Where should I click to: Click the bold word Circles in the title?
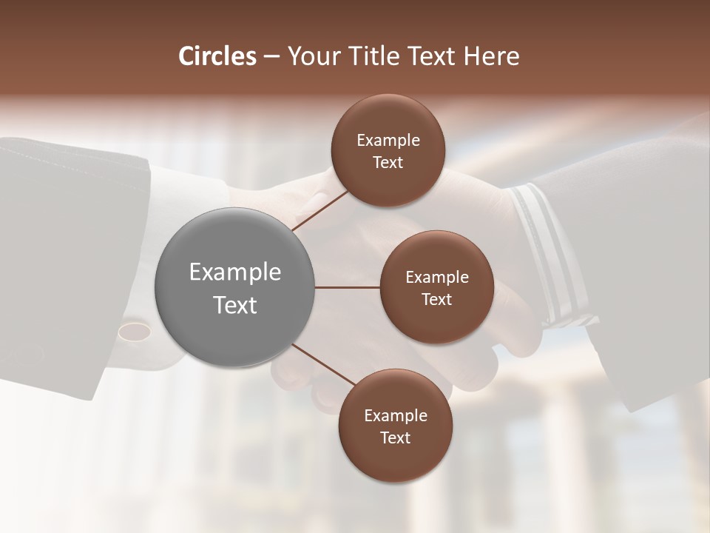click(217, 56)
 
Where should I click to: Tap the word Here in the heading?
click(491, 56)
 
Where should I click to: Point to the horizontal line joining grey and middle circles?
click(348, 287)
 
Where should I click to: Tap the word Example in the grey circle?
click(235, 272)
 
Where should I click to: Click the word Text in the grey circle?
click(235, 305)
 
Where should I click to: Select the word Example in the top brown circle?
click(388, 141)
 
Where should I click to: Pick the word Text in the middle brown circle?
click(436, 300)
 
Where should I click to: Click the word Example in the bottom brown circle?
click(396, 416)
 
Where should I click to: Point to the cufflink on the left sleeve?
click(134, 329)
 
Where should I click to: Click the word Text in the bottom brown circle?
click(395, 438)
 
